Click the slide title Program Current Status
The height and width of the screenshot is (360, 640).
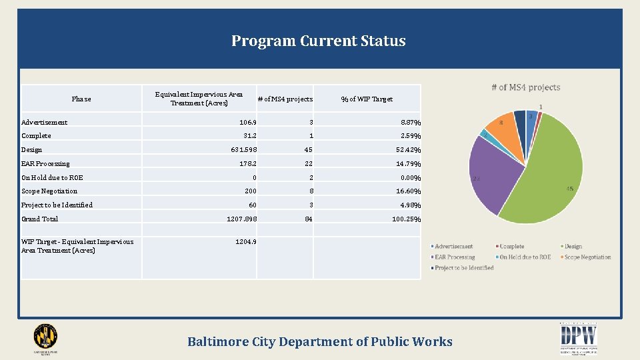click(x=318, y=41)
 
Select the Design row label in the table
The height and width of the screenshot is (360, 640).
click(x=32, y=150)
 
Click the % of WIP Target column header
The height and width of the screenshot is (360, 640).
click(x=367, y=99)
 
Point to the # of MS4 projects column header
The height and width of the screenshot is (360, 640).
click(x=285, y=99)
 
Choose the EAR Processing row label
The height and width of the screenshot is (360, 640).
click(x=45, y=164)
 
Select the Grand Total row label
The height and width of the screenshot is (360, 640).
click(x=40, y=219)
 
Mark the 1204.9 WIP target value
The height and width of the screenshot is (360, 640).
click(x=246, y=242)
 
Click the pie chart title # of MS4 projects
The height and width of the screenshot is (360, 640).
click(x=525, y=87)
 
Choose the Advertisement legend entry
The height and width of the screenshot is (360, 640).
click(x=453, y=247)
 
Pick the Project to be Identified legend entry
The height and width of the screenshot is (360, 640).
click(x=464, y=268)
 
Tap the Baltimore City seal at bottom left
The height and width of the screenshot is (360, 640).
click(x=45, y=338)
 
